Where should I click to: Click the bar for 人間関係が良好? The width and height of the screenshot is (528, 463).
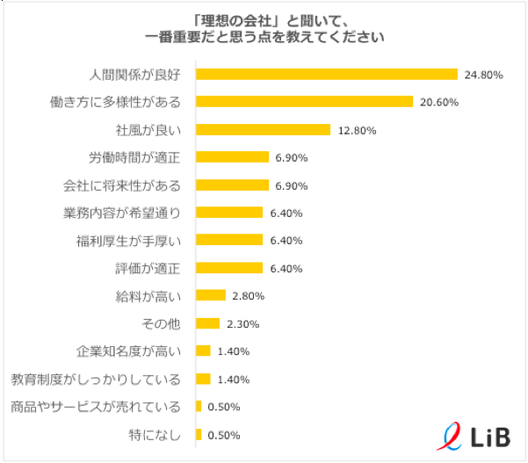click(326, 75)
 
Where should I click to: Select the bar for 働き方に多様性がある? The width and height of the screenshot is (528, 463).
click(304, 102)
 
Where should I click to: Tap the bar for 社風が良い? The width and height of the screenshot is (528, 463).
click(263, 130)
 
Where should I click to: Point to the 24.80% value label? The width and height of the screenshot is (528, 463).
click(484, 75)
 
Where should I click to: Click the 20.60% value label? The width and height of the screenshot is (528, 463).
click(439, 102)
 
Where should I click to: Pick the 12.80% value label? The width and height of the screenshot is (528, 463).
click(356, 130)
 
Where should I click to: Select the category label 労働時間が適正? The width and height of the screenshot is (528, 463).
click(134, 157)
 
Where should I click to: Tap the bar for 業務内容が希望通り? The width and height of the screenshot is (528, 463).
click(229, 213)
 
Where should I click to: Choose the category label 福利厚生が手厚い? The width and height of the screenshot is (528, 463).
click(127, 240)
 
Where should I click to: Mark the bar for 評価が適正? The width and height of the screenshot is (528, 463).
click(229, 268)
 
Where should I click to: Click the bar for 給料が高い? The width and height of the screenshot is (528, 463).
click(210, 296)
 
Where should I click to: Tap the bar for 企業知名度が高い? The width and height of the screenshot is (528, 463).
click(203, 351)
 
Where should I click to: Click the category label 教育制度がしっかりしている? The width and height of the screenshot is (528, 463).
click(96, 379)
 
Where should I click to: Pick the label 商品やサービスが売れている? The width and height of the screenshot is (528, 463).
click(96, 407)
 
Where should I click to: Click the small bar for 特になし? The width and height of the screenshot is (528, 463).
click(199, 434)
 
